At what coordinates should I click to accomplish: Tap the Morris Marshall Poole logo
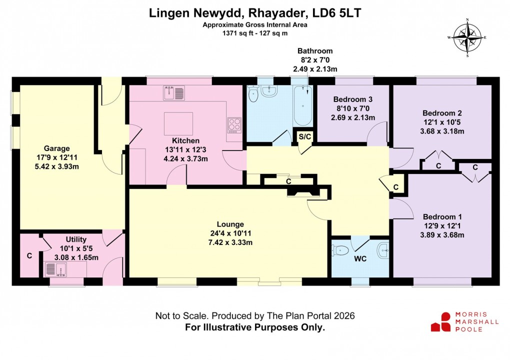pos(464,321)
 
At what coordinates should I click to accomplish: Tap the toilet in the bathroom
pos(253,93)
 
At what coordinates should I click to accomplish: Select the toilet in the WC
pos(341,250)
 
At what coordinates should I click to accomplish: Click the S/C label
pos(304,136)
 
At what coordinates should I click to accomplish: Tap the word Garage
pos(56,148)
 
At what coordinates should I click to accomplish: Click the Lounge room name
pos(230,224)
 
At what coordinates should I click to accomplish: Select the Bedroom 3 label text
pos(352,99)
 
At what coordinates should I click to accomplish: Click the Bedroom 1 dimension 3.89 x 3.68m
pos(442,235)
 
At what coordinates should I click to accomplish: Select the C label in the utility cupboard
pos(29,256)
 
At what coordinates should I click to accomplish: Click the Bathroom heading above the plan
pos(314,51)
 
